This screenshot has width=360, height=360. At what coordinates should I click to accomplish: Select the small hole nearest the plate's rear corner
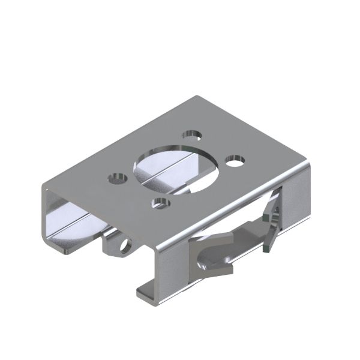192,134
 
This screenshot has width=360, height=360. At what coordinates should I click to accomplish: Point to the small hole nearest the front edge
160,203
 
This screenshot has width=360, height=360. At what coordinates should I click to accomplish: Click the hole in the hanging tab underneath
125,246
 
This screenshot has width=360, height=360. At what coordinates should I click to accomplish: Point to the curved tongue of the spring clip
213,265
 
